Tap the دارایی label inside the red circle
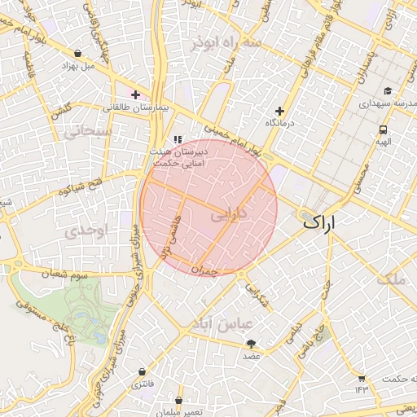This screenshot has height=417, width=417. pyautogui.click(x=228, y=217)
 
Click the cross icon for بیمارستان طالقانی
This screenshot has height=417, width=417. pyautogui.click(x=136, y=94)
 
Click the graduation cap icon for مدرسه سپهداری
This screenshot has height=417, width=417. pyautogui.click(x=388, y=90)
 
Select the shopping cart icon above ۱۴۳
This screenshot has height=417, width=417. pyautogui.click(x=362, y=378)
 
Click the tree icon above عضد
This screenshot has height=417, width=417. pyautogui.click(x=251, y=344)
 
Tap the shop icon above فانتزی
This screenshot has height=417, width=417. pyautogui.click(x=143, y=372)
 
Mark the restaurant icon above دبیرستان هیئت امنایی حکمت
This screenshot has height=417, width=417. pyautogui.click(x=178, y=139)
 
